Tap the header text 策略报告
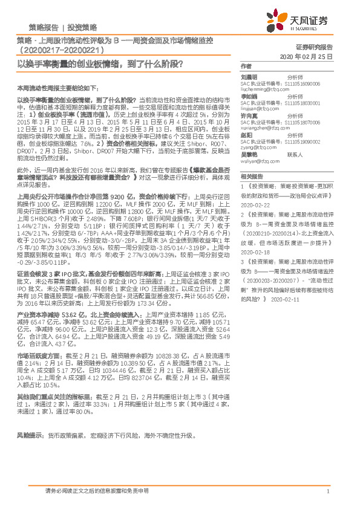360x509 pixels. point(44,28)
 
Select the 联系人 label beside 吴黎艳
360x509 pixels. point(295,154)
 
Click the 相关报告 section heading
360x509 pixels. point(250,176)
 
